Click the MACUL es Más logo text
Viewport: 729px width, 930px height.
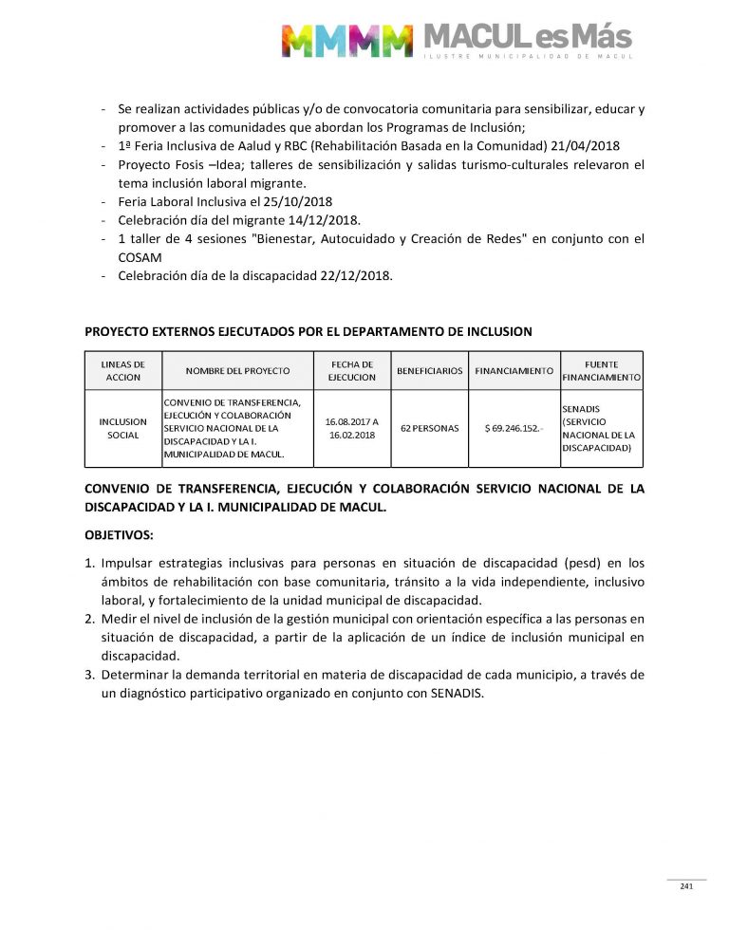[526, 38]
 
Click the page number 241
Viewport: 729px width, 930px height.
[685, 886]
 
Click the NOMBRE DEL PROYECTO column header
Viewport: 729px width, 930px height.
[237, 370]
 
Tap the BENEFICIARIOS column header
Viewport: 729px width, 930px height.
[430, 370]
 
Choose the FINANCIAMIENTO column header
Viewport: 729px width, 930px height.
[514, 370]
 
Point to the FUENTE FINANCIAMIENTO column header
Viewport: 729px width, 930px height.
[602, 370]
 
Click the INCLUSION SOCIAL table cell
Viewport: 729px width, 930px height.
[123, 428]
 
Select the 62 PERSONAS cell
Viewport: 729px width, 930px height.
[430, 428]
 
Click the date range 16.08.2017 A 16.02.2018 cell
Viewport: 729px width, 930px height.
[351, 428]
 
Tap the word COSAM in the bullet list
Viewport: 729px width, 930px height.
[139, 257]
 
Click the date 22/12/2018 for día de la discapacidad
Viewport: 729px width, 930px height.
[350, 276]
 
